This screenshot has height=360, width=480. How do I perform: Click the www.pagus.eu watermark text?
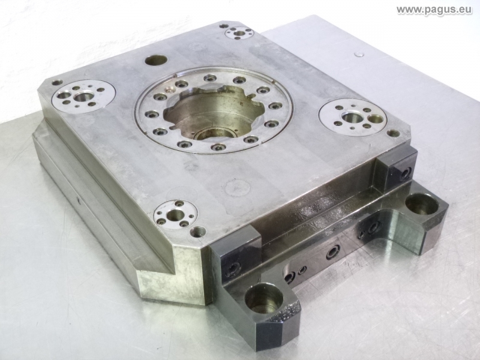[434, 10]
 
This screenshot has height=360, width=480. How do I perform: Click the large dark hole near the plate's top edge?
[156, 61]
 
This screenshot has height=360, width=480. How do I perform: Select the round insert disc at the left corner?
[83, 96]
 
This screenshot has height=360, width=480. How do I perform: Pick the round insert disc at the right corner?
[353, 117]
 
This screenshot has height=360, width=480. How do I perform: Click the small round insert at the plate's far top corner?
[239, 33]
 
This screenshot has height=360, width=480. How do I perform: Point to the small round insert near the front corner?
[175, 214]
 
